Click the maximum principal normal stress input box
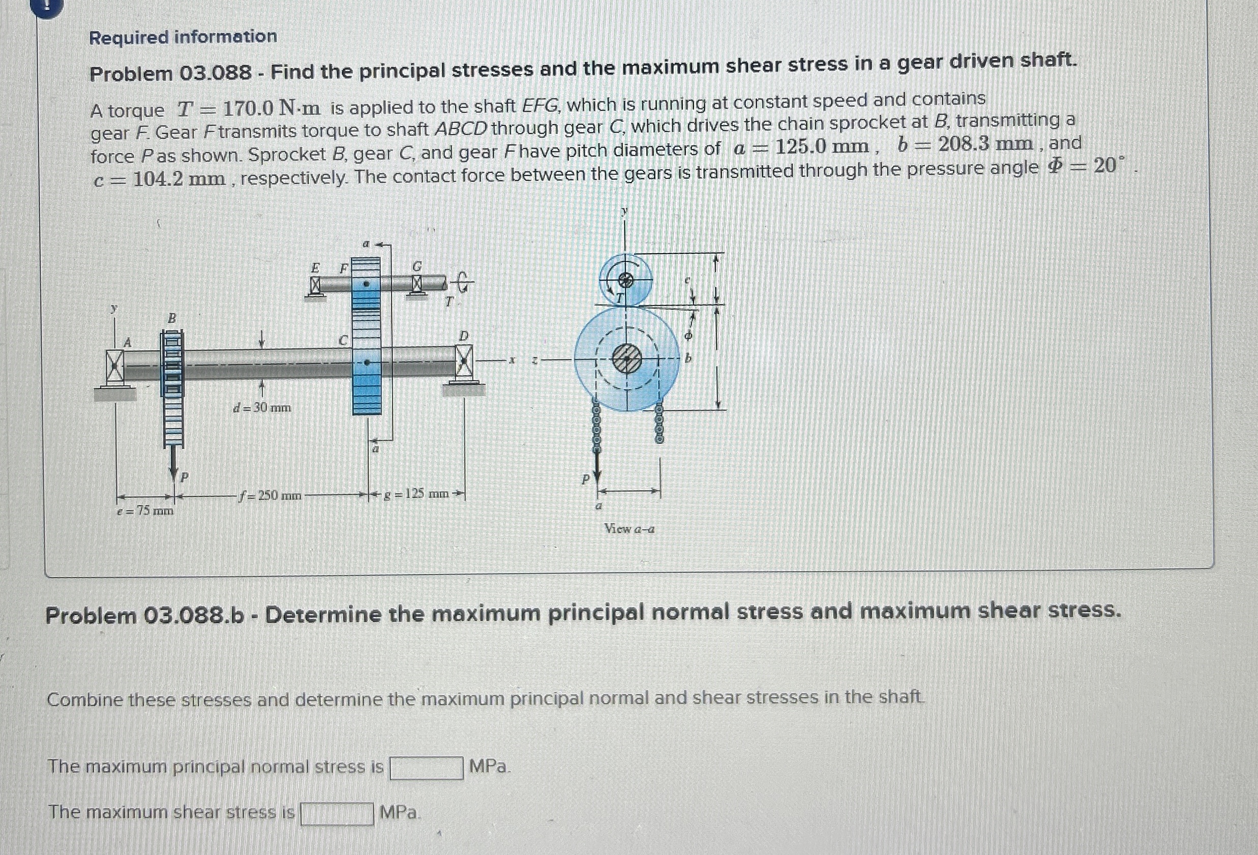[x=426, y=768]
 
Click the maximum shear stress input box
[x=337, y=813]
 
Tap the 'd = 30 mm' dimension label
[x=262, y=408]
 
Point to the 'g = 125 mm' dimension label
[x=416, y=494]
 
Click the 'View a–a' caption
[x=629, y=529]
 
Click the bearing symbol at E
[x=315, y=285]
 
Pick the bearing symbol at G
[x=416, y=283]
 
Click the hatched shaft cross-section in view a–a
[x=626, y=358]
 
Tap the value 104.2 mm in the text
[x=178, y=179]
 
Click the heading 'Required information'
[x=183, y=37]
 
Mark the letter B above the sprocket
[x=171, y=318]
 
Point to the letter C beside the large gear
[x=343, y=341]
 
